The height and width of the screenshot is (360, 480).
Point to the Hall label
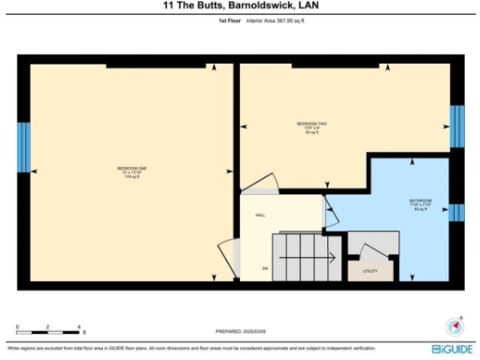click(261, 216)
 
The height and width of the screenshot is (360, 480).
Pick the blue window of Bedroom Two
click(457, 126)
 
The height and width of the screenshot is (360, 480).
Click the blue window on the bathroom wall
click(457, 213)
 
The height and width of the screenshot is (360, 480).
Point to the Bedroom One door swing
click(226, 256)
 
